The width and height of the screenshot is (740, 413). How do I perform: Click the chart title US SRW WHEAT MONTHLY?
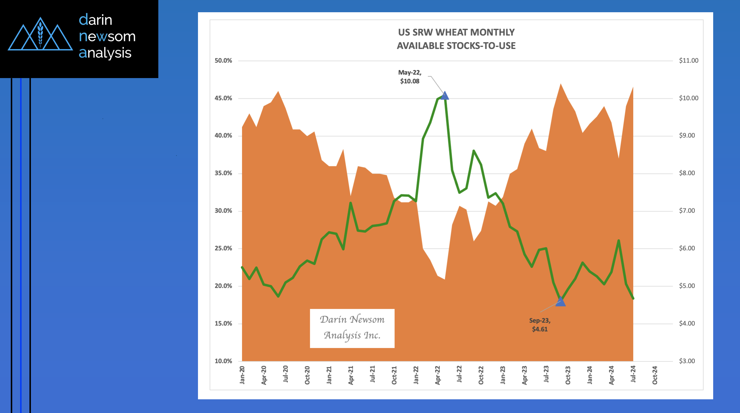456,32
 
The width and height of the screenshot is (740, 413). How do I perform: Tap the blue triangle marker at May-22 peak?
444,96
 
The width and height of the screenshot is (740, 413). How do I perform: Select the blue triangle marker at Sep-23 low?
560,302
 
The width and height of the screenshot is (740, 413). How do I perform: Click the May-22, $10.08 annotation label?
410,77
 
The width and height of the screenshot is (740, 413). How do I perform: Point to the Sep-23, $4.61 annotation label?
540,325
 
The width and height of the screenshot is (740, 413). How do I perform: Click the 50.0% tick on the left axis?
223,61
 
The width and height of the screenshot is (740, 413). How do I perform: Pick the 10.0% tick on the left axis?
223,361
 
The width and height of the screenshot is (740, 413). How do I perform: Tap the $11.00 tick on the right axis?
688,61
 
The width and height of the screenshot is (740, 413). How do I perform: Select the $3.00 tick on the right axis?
687,361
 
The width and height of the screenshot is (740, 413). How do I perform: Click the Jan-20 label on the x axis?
242,375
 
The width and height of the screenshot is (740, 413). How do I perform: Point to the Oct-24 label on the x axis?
655,375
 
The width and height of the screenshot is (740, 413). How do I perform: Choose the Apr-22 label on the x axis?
437,375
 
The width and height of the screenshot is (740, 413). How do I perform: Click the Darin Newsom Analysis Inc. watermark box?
352,328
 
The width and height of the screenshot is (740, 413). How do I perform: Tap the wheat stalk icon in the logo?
41,35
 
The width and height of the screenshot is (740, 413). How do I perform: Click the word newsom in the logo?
107,36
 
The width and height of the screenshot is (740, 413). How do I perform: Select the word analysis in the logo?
105,53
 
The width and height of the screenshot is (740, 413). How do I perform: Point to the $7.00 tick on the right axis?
687,211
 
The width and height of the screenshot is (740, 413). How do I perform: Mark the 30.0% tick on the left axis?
223,211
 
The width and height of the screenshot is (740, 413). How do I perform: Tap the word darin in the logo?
95,20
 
